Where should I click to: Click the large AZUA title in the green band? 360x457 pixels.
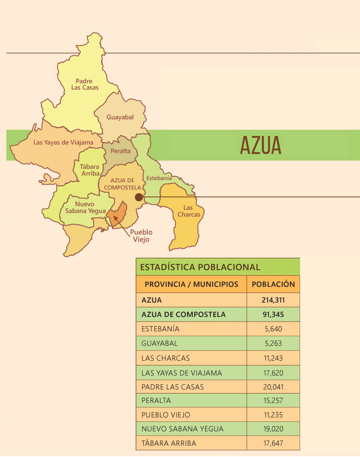(260, 145)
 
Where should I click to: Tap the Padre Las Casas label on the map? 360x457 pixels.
(84, 84)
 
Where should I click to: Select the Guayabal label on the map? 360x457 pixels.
(120, 117)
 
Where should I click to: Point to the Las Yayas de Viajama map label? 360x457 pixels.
(63, 142)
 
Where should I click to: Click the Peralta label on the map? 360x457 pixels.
(120, 151)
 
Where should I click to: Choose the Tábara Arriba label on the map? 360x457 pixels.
(90, 170)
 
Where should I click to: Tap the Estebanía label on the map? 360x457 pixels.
(159, 178)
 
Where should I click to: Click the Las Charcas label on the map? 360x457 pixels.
(188, 211)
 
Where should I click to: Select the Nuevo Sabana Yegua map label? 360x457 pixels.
(85, 207)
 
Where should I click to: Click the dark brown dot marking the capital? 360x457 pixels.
(139, 197)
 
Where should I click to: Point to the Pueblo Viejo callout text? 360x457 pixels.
(141, 236)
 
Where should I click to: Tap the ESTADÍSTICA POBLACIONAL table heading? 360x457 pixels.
(200, 267)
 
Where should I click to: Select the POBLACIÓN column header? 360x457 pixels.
(273, 285)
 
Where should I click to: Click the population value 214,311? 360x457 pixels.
(273, 300)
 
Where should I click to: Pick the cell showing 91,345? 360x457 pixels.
(273, 314)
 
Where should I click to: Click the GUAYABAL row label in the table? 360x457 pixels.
(159, 343)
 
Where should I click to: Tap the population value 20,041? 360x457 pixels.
(273, 387)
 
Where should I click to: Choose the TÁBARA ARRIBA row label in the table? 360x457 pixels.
(169, 443)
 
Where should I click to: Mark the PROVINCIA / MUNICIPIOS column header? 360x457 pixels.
(191, 285)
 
